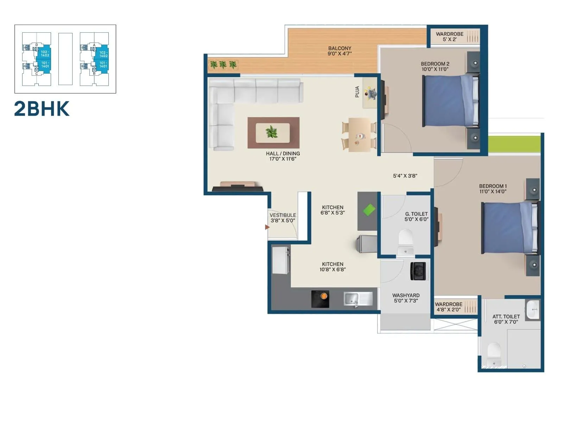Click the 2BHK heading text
(42, 109)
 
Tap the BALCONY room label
(340, 49)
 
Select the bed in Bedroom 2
(450, 101)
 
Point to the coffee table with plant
(273, 133)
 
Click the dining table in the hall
(359, 135)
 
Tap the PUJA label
(357, 92)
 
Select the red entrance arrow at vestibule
(267, 227)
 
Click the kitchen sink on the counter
(358, 299)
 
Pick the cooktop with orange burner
(320, 299)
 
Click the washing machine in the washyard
(418, 271)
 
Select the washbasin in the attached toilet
(532, 309)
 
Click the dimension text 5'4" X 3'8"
(405, 176)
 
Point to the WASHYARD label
(406, 295)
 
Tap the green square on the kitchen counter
(369, 210)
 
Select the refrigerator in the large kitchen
(281, 260)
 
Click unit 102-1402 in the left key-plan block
(45, 54)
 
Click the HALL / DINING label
(283, 154)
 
